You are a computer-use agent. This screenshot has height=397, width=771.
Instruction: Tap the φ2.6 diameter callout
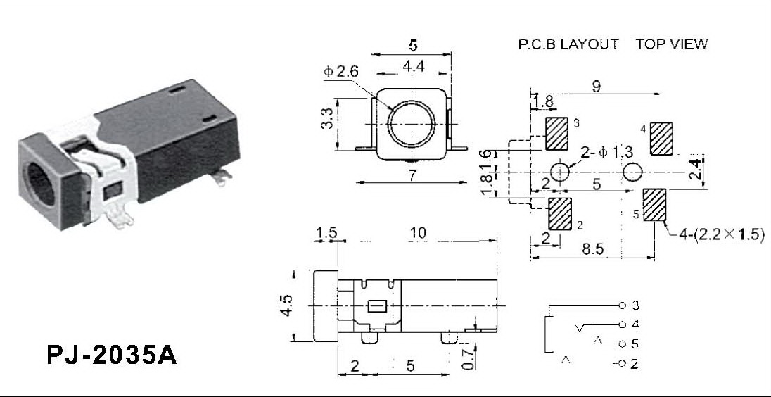342,72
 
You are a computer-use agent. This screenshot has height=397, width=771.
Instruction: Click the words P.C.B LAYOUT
568,44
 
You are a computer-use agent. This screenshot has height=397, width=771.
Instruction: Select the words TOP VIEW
672,44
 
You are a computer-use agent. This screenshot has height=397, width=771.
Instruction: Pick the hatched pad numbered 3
558,133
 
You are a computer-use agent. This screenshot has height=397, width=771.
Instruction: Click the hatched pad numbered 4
661,139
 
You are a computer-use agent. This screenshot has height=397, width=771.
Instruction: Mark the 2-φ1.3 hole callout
607,153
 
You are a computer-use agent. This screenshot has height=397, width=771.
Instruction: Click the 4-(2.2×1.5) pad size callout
722,235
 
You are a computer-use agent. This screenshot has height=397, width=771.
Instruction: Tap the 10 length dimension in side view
417,233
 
